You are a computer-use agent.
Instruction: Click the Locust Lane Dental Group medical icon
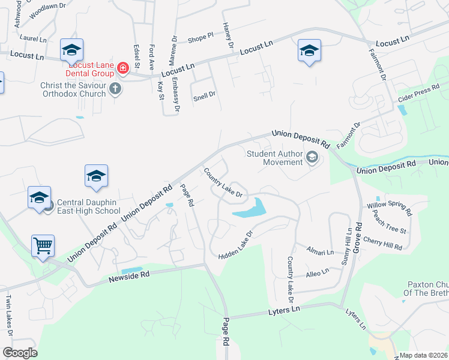[123, 68]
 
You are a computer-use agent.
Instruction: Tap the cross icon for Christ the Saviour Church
[116, 89]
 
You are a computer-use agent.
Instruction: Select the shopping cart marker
[43, 245]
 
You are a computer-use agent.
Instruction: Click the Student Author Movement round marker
[312, 158]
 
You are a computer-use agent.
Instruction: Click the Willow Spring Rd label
[390, 208]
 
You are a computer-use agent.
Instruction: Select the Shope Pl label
[200, 38]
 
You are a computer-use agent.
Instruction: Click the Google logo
[20, 353]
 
